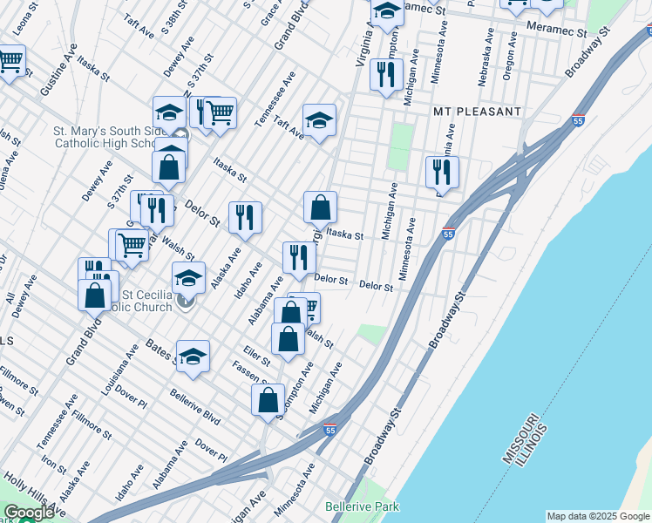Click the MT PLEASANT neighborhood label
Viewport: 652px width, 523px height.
pyautogui.click(x=477, y=112)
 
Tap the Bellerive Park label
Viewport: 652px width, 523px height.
pyautogui.click(x=362, y=506)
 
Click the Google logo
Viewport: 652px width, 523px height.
pyautogui.click(x=29, y=513)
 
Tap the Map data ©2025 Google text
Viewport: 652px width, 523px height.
pyautogui.click(x=598, y=516)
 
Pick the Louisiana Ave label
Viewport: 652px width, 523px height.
pyautogui.click(x=119, y=370)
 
